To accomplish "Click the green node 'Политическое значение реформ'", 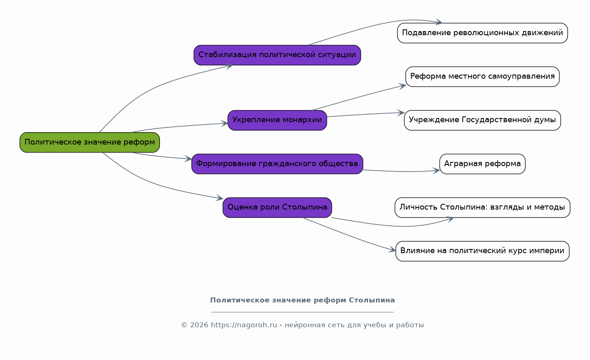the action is (x=89, y=142).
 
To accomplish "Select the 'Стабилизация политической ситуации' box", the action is (x=277, y=55).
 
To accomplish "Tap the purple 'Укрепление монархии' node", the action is (x=277, y=120).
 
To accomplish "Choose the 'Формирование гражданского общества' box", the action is (x=277, y=164).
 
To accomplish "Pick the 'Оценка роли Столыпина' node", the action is (x=277, y=208).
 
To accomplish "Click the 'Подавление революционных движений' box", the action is (x=482, y=33).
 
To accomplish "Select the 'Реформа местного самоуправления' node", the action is (x=482, y=77).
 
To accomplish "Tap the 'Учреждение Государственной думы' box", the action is (x=482, y=120).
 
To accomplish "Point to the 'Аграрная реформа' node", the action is (x=482, y=164).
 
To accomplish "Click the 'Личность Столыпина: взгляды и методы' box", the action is (x=482, y=208).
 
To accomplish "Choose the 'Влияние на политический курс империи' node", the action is (x=482, y=251).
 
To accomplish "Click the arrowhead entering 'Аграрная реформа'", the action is (x=436, y=171).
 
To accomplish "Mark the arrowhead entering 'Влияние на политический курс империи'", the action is (x=392, y=250).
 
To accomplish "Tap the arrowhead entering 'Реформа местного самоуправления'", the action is (x=402, y=86).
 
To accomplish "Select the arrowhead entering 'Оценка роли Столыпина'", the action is (x=220, y=198).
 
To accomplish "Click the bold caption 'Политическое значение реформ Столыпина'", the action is (x=302, y=300).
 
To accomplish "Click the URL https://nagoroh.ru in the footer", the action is (x=244, y=325).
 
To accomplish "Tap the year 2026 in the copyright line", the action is (x=199, y=325).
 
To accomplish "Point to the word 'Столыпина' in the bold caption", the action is (x=372, y=300).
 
